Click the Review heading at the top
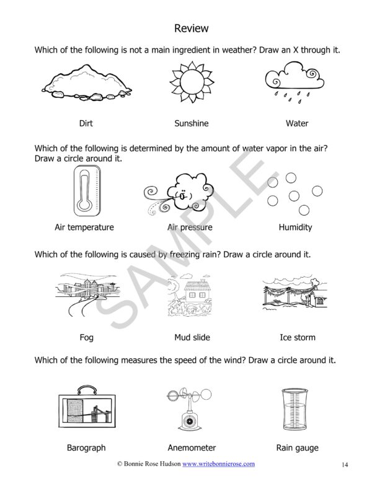pos(191,29)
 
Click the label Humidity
pos(295,227)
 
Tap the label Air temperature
pos(84,227)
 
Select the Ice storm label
pos(298,338)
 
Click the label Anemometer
pos(192,448)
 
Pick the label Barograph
pos(86,448)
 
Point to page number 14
pos(345,464)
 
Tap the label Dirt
pos(86,123)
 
